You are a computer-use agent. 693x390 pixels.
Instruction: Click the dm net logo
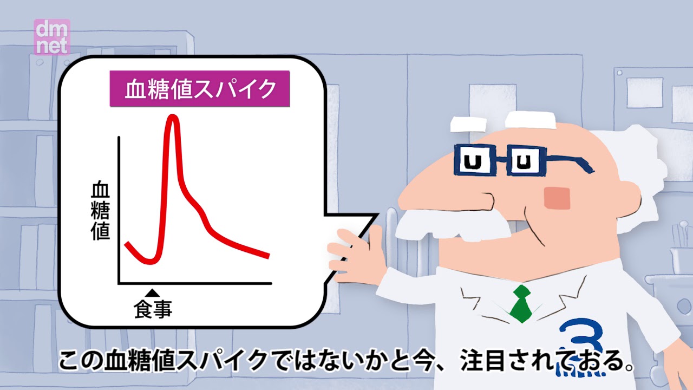52,37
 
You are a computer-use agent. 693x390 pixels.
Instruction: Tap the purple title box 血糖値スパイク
200,89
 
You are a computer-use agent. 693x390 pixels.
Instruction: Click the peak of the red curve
173,118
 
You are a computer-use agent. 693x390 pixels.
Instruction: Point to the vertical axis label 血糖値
101,211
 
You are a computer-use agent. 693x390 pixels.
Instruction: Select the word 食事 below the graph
153,309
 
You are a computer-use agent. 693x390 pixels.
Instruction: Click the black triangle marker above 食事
153,293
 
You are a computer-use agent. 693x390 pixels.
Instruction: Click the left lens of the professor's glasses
474,160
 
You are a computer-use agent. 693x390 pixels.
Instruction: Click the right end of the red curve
268,256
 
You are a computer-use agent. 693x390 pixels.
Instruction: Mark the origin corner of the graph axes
119,283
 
